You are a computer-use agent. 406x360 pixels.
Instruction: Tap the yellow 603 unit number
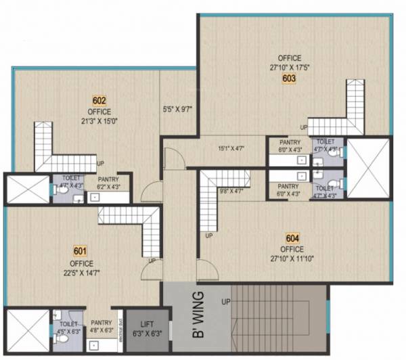tap(290, 78)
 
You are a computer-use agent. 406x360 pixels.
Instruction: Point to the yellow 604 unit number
tap(292, 238)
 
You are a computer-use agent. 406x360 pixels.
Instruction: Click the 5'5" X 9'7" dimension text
tap(178, 107)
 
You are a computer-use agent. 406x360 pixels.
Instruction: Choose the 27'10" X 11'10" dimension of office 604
tap(292, 258)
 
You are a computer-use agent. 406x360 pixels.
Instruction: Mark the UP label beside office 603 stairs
tap(305, 127)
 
